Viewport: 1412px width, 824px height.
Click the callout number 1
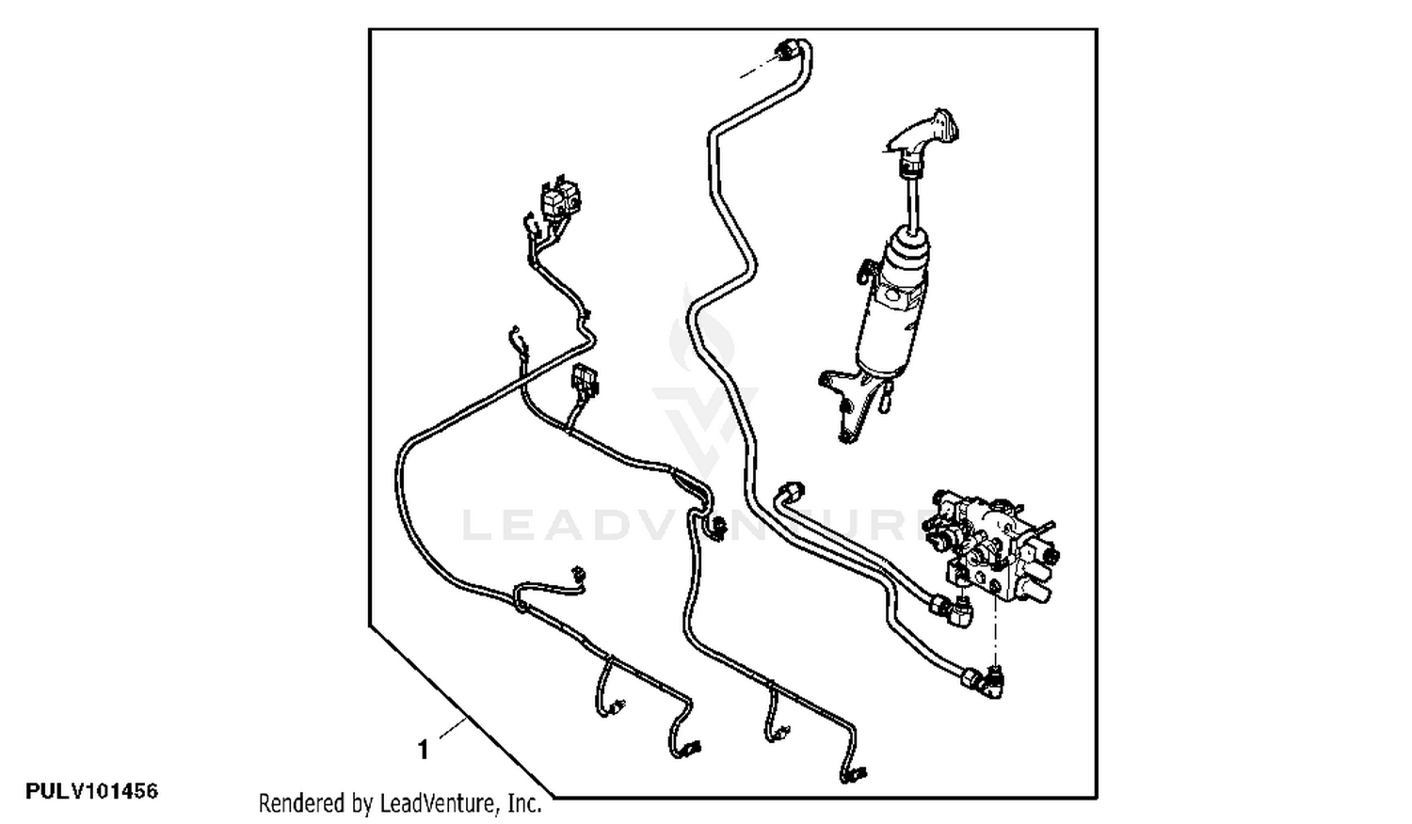click(424, 750)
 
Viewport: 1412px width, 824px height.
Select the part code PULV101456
click(92, 791)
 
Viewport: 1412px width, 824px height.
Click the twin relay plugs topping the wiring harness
click(560, 199)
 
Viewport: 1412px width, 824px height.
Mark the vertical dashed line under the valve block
click(995, 629)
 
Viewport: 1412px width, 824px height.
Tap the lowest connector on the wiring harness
click(854, 773)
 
